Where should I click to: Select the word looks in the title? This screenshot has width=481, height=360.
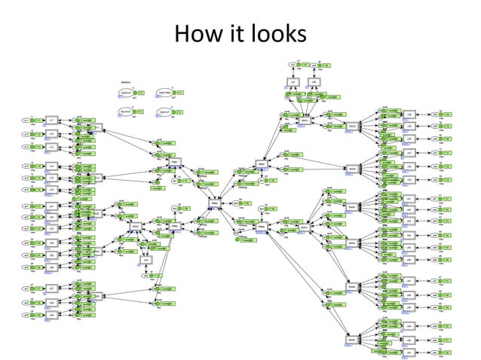click(278, 34)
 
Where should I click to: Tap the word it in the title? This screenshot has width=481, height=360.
click(233, 34)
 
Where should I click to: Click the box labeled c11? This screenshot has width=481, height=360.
click(51, 121)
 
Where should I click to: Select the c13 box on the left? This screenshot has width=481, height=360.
click(51, 146)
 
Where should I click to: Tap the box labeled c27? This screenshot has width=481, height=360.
click(51, 288)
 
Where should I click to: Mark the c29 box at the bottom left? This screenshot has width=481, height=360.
click(51, 314)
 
